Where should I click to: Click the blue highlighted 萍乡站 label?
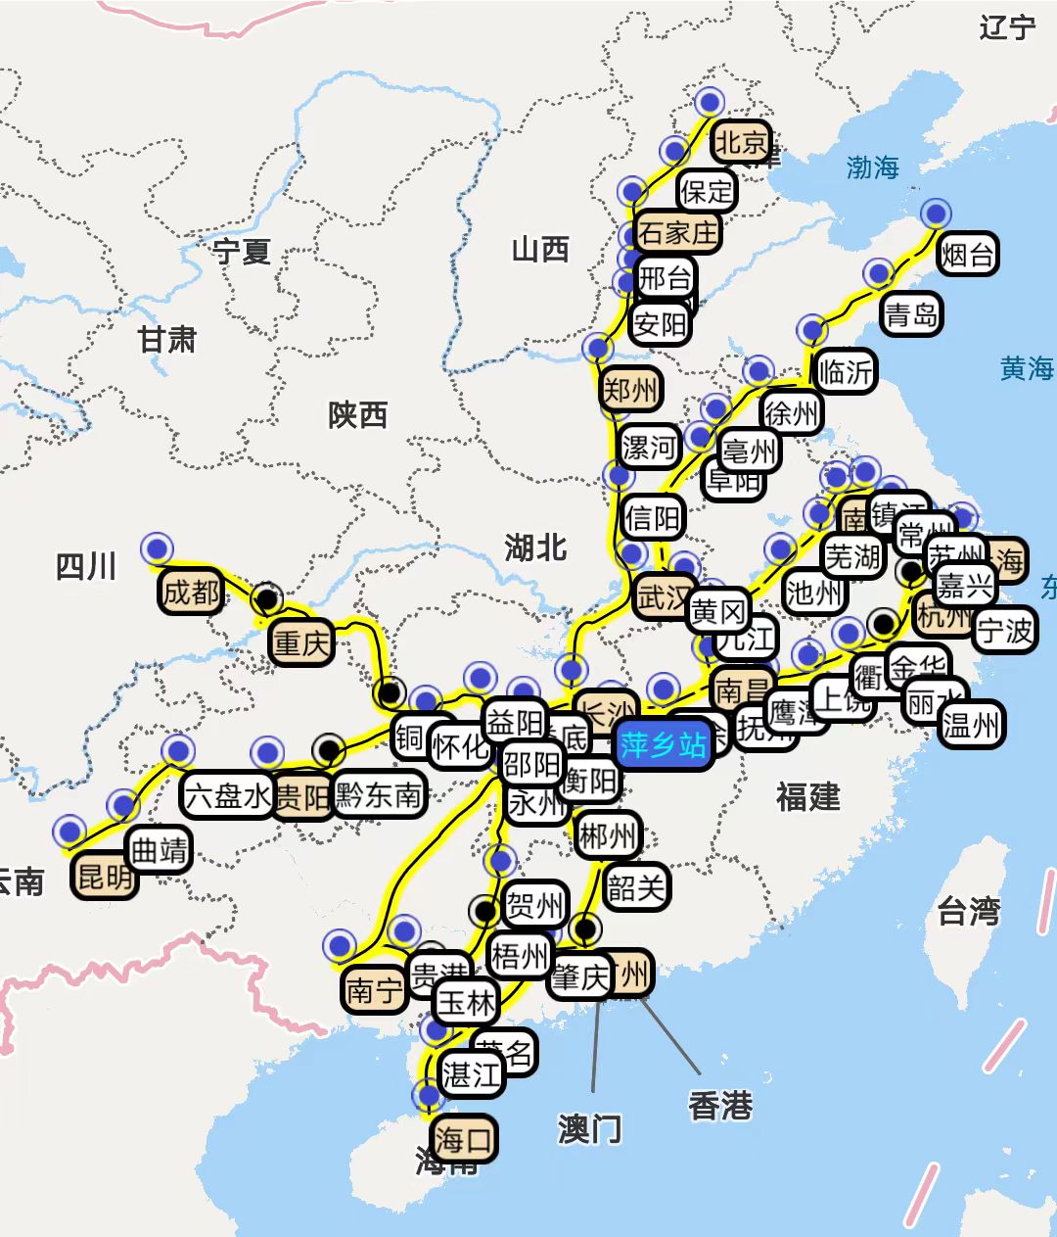[x=663, y=745]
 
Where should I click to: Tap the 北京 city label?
[x=741, y=143]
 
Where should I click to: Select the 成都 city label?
[x=191, y=592]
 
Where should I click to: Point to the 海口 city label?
[x=463, y=1140]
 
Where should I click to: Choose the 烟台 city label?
[x=968, y=256]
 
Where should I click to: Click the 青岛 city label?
[x=911, y=314]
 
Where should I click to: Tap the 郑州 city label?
[x=630, y=391]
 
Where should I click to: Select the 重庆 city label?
[x=301, y=643]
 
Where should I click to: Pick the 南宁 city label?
[x=374, y=990]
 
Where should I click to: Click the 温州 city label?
[x=971, y=726]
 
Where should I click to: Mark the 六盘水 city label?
[x=227, y=794]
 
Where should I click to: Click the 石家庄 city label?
[x=677, y=232]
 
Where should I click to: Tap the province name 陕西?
[x=357, y=415]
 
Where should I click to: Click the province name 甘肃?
[x=166, y=340]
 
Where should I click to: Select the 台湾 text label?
[x=969, y=911]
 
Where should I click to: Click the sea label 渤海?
[x=872, y=167]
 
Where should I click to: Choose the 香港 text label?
[x=720, y=1106]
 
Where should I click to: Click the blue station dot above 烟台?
[x=937, y=213]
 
